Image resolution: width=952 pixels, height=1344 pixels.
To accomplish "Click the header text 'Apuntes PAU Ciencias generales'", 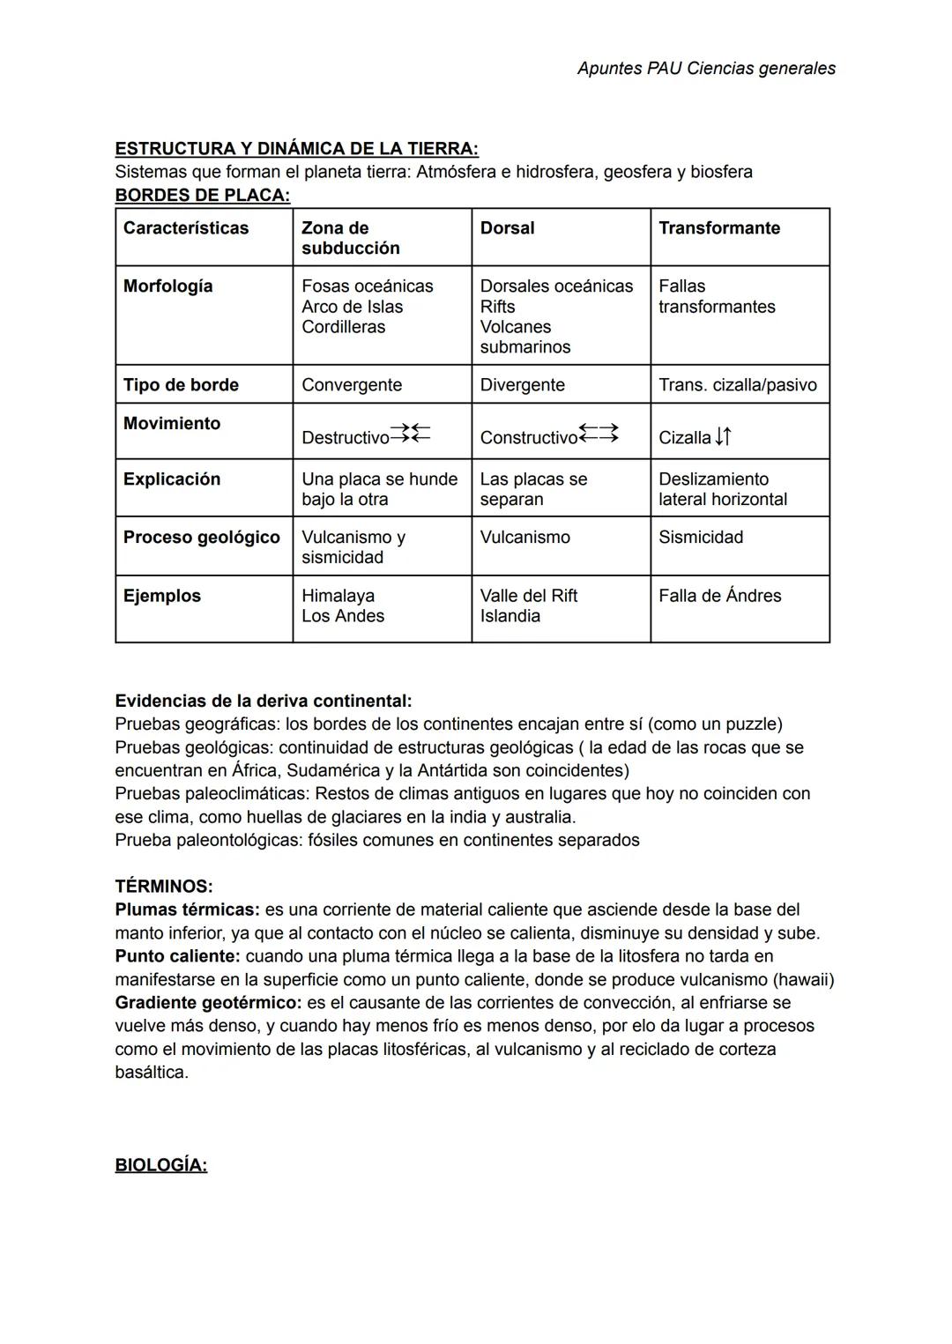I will [x=706, y=68].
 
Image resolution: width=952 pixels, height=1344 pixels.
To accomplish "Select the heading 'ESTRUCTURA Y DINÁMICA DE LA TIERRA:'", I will [x=296, y=148].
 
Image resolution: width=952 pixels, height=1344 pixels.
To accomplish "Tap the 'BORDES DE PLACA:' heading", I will [x=202, y=195].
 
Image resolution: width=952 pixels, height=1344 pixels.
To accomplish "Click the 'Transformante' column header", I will [x=718, y=228].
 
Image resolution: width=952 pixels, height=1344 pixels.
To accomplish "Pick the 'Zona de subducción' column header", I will [x=350, y=238].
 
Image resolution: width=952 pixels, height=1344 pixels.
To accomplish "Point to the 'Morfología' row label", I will [x=167, y=286].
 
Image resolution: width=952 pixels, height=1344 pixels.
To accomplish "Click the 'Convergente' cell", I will [x=351, y=385].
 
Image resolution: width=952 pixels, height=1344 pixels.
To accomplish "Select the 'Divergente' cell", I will [x=522, y=385].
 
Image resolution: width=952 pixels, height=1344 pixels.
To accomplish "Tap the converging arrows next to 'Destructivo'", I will [x=410, y=433].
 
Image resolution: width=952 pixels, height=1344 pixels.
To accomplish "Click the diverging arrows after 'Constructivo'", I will [x=599, y=433].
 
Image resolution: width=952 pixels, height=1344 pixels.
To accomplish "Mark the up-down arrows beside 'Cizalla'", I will [x=723, y=436].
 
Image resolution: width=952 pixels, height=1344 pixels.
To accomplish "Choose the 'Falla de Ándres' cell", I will [x=719, y=596].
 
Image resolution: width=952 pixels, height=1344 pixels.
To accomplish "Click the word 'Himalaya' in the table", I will [x=338, y=596].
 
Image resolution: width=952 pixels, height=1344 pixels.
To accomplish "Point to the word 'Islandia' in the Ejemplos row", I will [x=509, y=616].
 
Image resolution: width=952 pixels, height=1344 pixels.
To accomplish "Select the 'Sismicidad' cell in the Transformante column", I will [x=700, y=538].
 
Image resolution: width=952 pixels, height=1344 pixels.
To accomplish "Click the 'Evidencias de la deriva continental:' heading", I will [x=263, y=702].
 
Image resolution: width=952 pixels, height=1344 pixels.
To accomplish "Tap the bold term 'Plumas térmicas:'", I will [x=187, y=910].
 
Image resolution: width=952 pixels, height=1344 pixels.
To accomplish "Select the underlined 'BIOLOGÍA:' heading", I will [x=160, y=1165].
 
